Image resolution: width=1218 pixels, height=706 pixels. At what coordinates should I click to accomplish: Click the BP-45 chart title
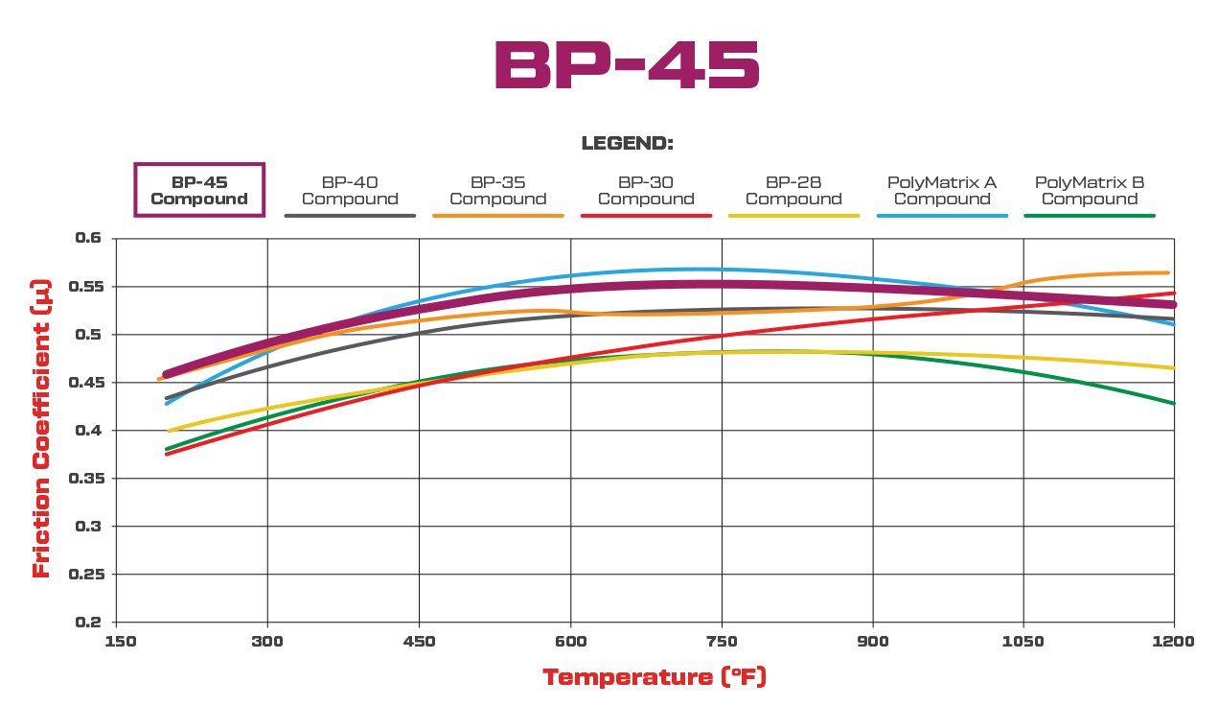(627, 66)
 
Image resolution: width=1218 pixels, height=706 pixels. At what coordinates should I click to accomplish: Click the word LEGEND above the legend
(628, 144)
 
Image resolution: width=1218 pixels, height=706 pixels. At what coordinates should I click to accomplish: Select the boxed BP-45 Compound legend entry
(199, 190)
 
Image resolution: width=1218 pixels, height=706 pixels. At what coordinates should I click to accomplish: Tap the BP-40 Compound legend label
(350, 190)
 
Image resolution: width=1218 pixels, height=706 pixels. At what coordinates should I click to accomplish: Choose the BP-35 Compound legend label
(497, 190)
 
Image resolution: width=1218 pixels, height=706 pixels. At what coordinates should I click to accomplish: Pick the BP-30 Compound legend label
(646, 190)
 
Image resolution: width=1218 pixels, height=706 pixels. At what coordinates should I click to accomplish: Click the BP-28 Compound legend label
(793, 190)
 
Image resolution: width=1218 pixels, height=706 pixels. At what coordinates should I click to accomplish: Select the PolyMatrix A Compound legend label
(942, 190)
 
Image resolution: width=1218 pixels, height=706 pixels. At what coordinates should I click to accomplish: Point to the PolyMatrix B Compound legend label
(1090, 190)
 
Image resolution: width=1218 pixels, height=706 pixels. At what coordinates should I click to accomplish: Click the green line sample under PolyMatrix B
(1090, 216)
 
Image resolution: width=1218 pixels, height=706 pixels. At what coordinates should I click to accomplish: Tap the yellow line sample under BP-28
(793, 216)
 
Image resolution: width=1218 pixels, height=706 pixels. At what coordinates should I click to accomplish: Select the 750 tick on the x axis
(721, 641)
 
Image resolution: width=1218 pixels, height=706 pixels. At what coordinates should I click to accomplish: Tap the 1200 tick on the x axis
(1174, 641)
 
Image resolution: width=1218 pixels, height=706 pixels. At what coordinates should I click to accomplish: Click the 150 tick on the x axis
(116, 641)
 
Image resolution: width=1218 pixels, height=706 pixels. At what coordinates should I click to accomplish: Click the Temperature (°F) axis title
(655, 677)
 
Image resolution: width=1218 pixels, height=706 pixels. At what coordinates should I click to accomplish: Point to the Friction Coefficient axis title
(41, 430)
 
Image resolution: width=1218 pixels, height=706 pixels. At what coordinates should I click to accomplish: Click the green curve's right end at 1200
(1173, 403)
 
